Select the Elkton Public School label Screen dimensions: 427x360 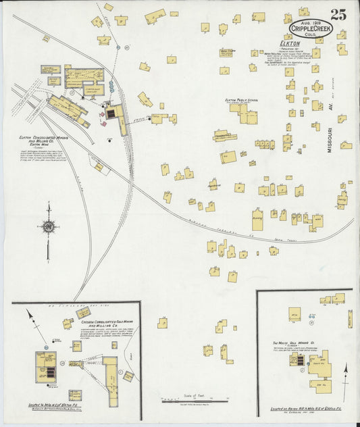click(x=242, y=99)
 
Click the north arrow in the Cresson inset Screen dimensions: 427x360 click(x=29, y=316)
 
